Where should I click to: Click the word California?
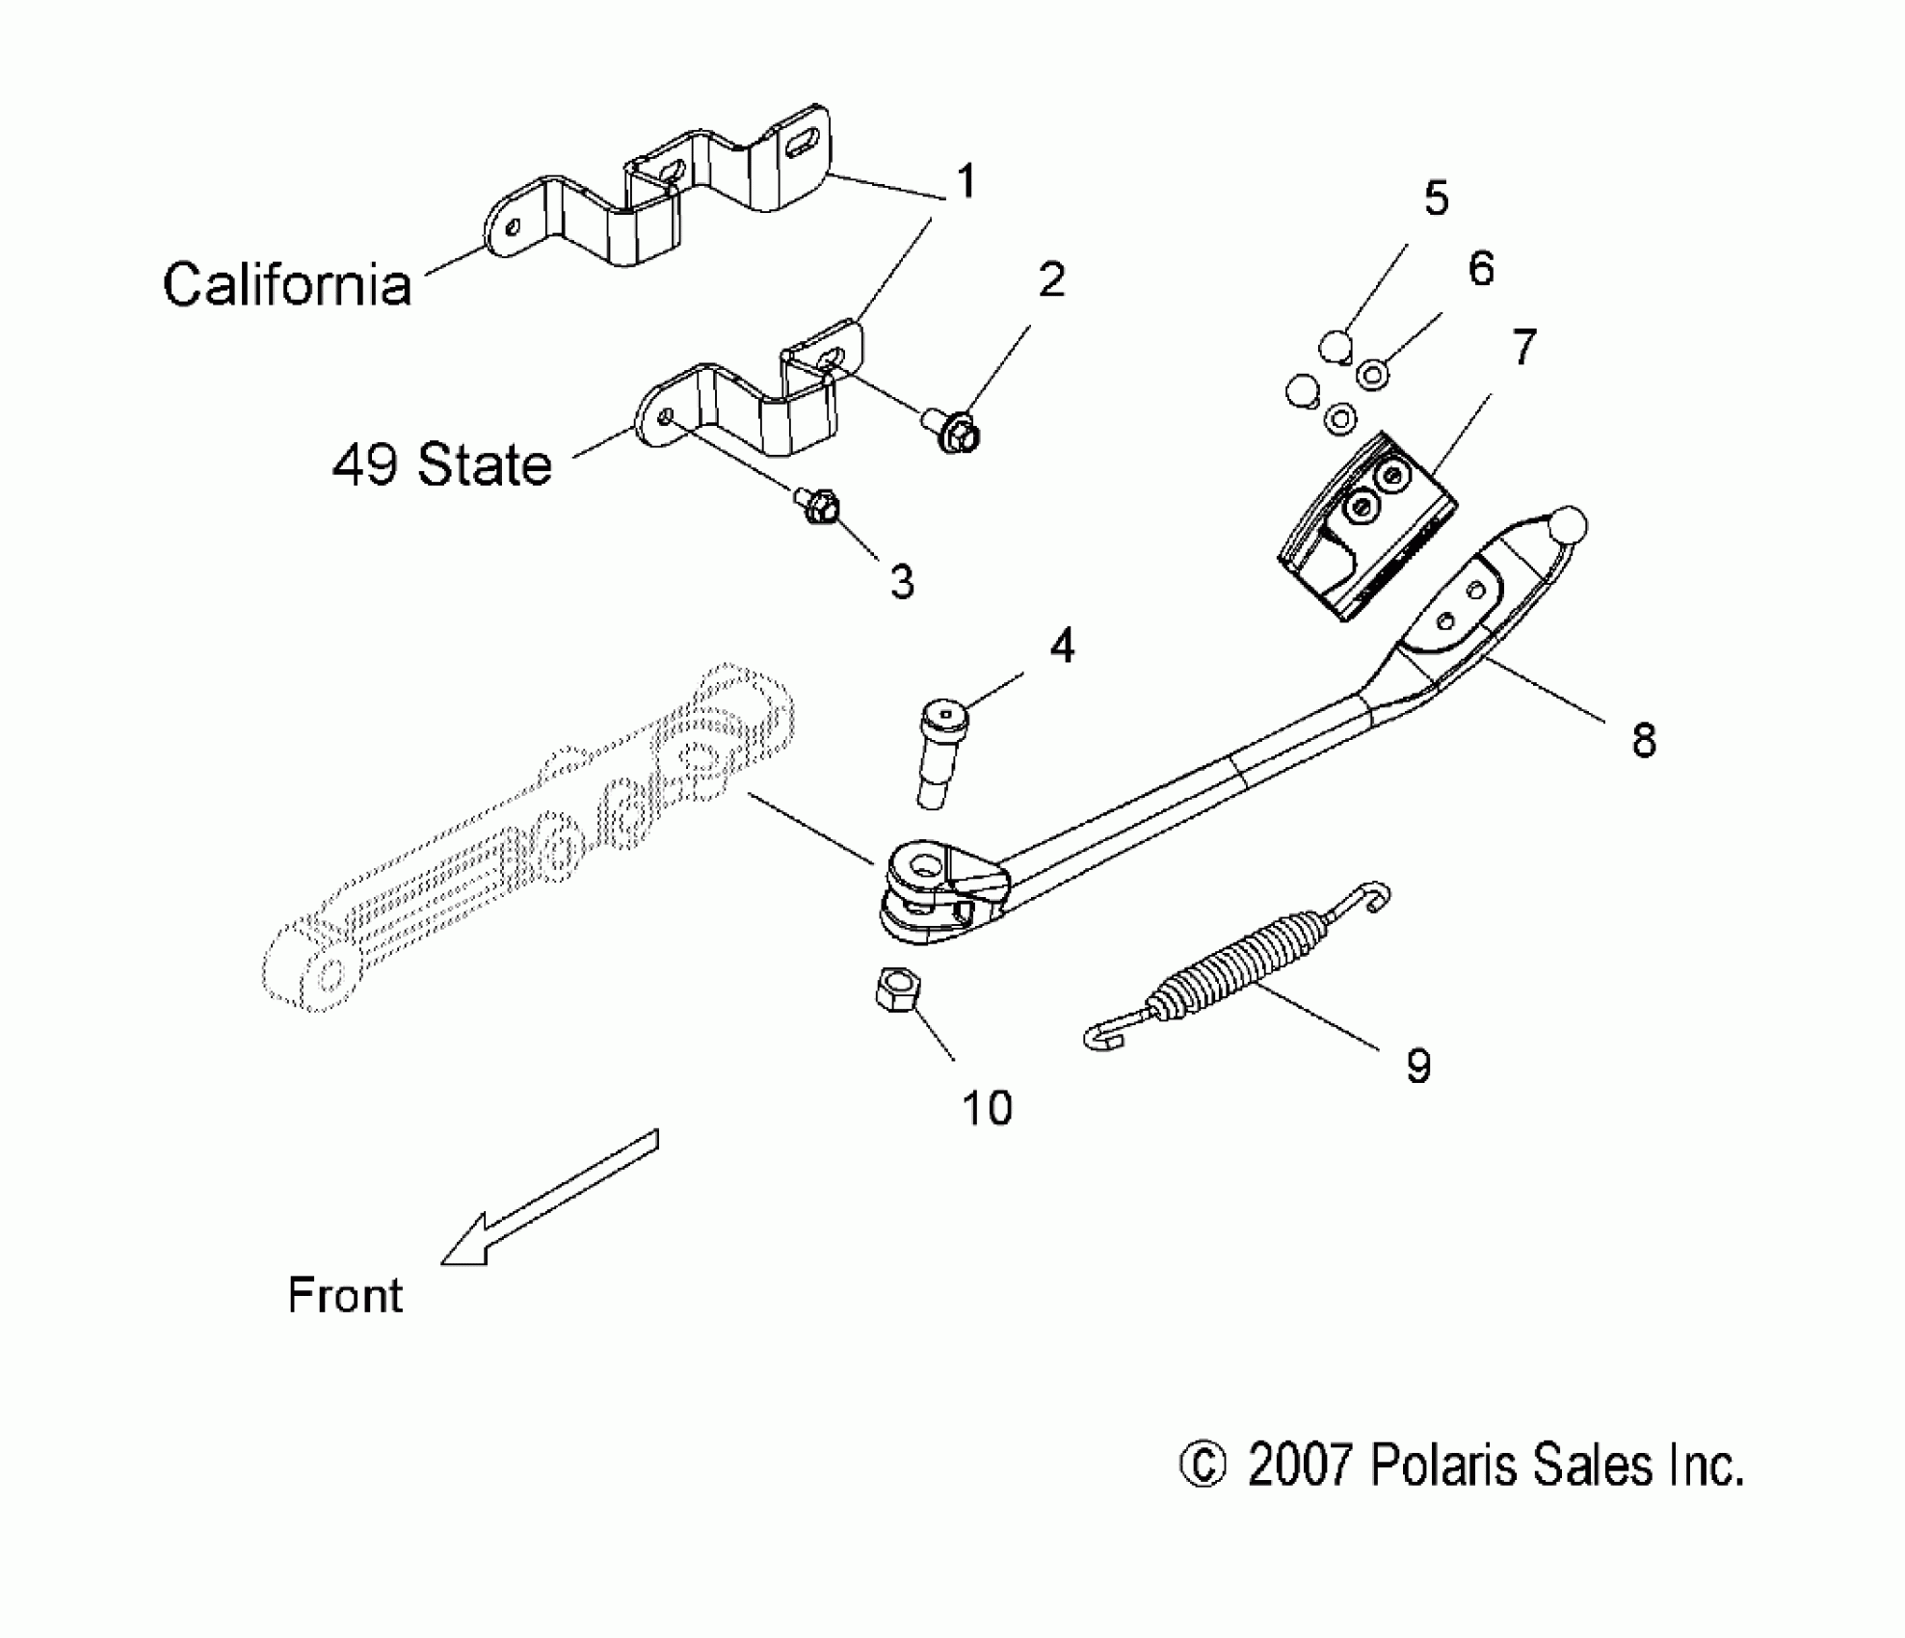tap(287, 285)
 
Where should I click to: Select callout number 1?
tap(966, 182)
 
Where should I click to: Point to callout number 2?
tap(1050, 279)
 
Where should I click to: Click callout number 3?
tap(902, 582)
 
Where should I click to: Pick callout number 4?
tap(1061, 646)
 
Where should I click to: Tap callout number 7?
tap(1522, 347)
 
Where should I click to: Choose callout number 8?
tap(1643, 740)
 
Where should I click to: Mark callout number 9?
tap(1417, 1066)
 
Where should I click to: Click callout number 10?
tap(987, 1109)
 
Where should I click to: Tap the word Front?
tap(345, 1295)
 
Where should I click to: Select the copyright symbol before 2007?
tap(1202, 1466)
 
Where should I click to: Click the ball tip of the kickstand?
tap(1568, 525)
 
